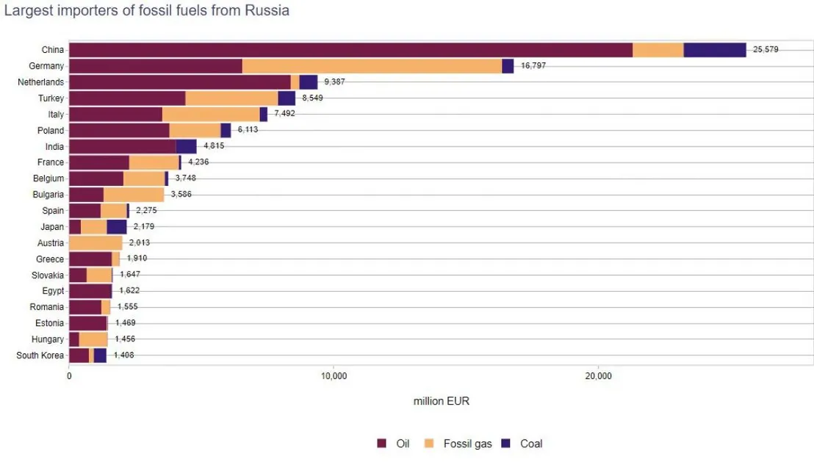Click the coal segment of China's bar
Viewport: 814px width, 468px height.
[x=714, y=50]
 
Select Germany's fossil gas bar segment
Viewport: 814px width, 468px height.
[x=372, y=66]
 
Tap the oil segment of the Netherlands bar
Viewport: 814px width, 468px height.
[x=179, y=82]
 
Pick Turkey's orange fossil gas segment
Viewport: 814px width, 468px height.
[x=231, y=98]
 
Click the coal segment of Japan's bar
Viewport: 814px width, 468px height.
[x=117, y=227]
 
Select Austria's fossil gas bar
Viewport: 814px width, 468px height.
[x=96, y=243]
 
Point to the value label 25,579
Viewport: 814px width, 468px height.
[x=766, y=50]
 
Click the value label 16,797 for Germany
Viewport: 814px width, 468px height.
[x=533, y=66]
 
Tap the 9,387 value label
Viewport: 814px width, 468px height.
[x=334, y=82]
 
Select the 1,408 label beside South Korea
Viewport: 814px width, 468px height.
[x=123, y=356]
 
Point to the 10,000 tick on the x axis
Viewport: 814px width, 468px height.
[x=334, y=377]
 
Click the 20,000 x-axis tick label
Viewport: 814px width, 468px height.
[x=598, y=377]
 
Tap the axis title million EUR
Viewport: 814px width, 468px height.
[x=441, y=401]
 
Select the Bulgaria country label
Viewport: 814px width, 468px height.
[x=46, y=195]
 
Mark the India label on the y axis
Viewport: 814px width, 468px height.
[x=54, y=146]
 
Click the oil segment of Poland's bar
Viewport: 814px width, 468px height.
[x=119, y=131]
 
